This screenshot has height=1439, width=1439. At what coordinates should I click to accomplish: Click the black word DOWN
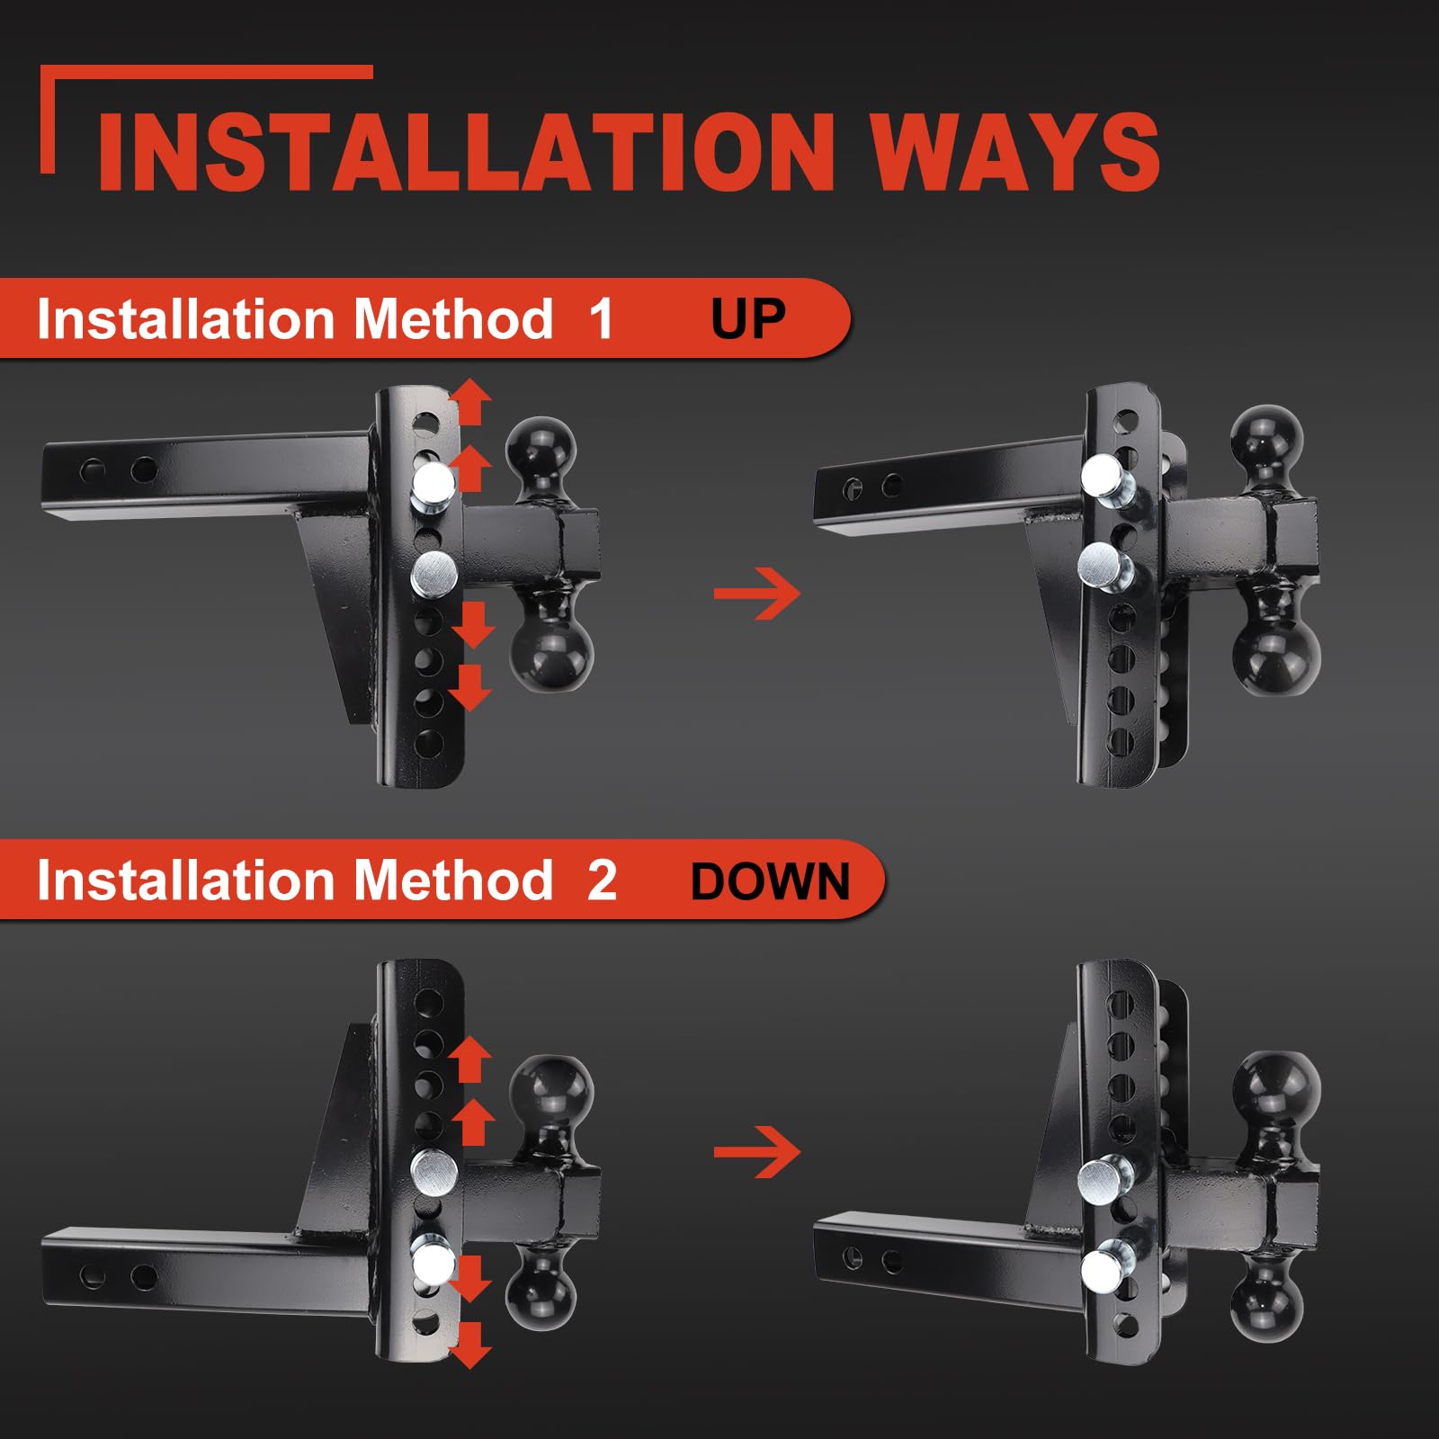pos(770,880)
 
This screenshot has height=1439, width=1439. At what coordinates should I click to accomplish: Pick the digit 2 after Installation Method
pos(602,880)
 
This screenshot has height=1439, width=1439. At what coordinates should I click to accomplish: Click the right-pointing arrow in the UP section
pos(756,593)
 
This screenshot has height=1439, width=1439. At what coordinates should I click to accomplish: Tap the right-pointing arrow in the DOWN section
pos(756,1151)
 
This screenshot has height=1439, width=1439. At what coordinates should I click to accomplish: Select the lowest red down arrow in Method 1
pos(470,689)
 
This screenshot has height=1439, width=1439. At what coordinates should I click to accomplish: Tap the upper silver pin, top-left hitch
pos(433,487)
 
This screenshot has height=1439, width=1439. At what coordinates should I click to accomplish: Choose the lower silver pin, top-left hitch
pos(434,575)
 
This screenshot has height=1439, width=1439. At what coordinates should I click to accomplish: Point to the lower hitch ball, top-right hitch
pos(1276,643)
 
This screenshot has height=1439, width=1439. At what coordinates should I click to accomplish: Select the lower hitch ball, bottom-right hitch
pos(1267,1296)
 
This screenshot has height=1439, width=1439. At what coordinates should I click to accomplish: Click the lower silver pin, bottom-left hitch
pos(433,1262)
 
